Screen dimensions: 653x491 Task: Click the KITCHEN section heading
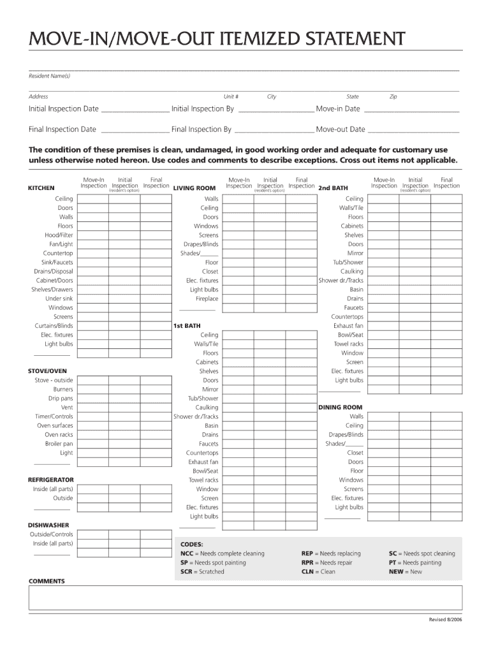coord(41,188)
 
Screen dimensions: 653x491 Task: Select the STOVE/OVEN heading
coord(47,371)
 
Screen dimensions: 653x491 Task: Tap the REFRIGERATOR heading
coord(51,479)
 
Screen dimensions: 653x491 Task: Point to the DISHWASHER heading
coord(48,525)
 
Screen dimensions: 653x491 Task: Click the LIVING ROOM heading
coord(194,188)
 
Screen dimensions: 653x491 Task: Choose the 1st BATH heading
coord(187,325)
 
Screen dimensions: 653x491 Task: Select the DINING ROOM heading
coord(340,407)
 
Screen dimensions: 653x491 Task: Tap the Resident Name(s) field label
coord(49,76)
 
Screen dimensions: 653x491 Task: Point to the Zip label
coord(393,97)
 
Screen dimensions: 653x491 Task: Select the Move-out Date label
coord(341,129)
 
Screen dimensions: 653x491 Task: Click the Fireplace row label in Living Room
coord(207,298)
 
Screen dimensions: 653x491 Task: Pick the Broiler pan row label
coord(59,443)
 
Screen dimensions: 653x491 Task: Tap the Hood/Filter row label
coord(58,235)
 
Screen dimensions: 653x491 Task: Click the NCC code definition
coord(222,554)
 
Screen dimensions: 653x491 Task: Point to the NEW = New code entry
coord(405,571)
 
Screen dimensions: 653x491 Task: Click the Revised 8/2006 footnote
coord(444,620)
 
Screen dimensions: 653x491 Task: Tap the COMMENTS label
coord(47,581)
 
